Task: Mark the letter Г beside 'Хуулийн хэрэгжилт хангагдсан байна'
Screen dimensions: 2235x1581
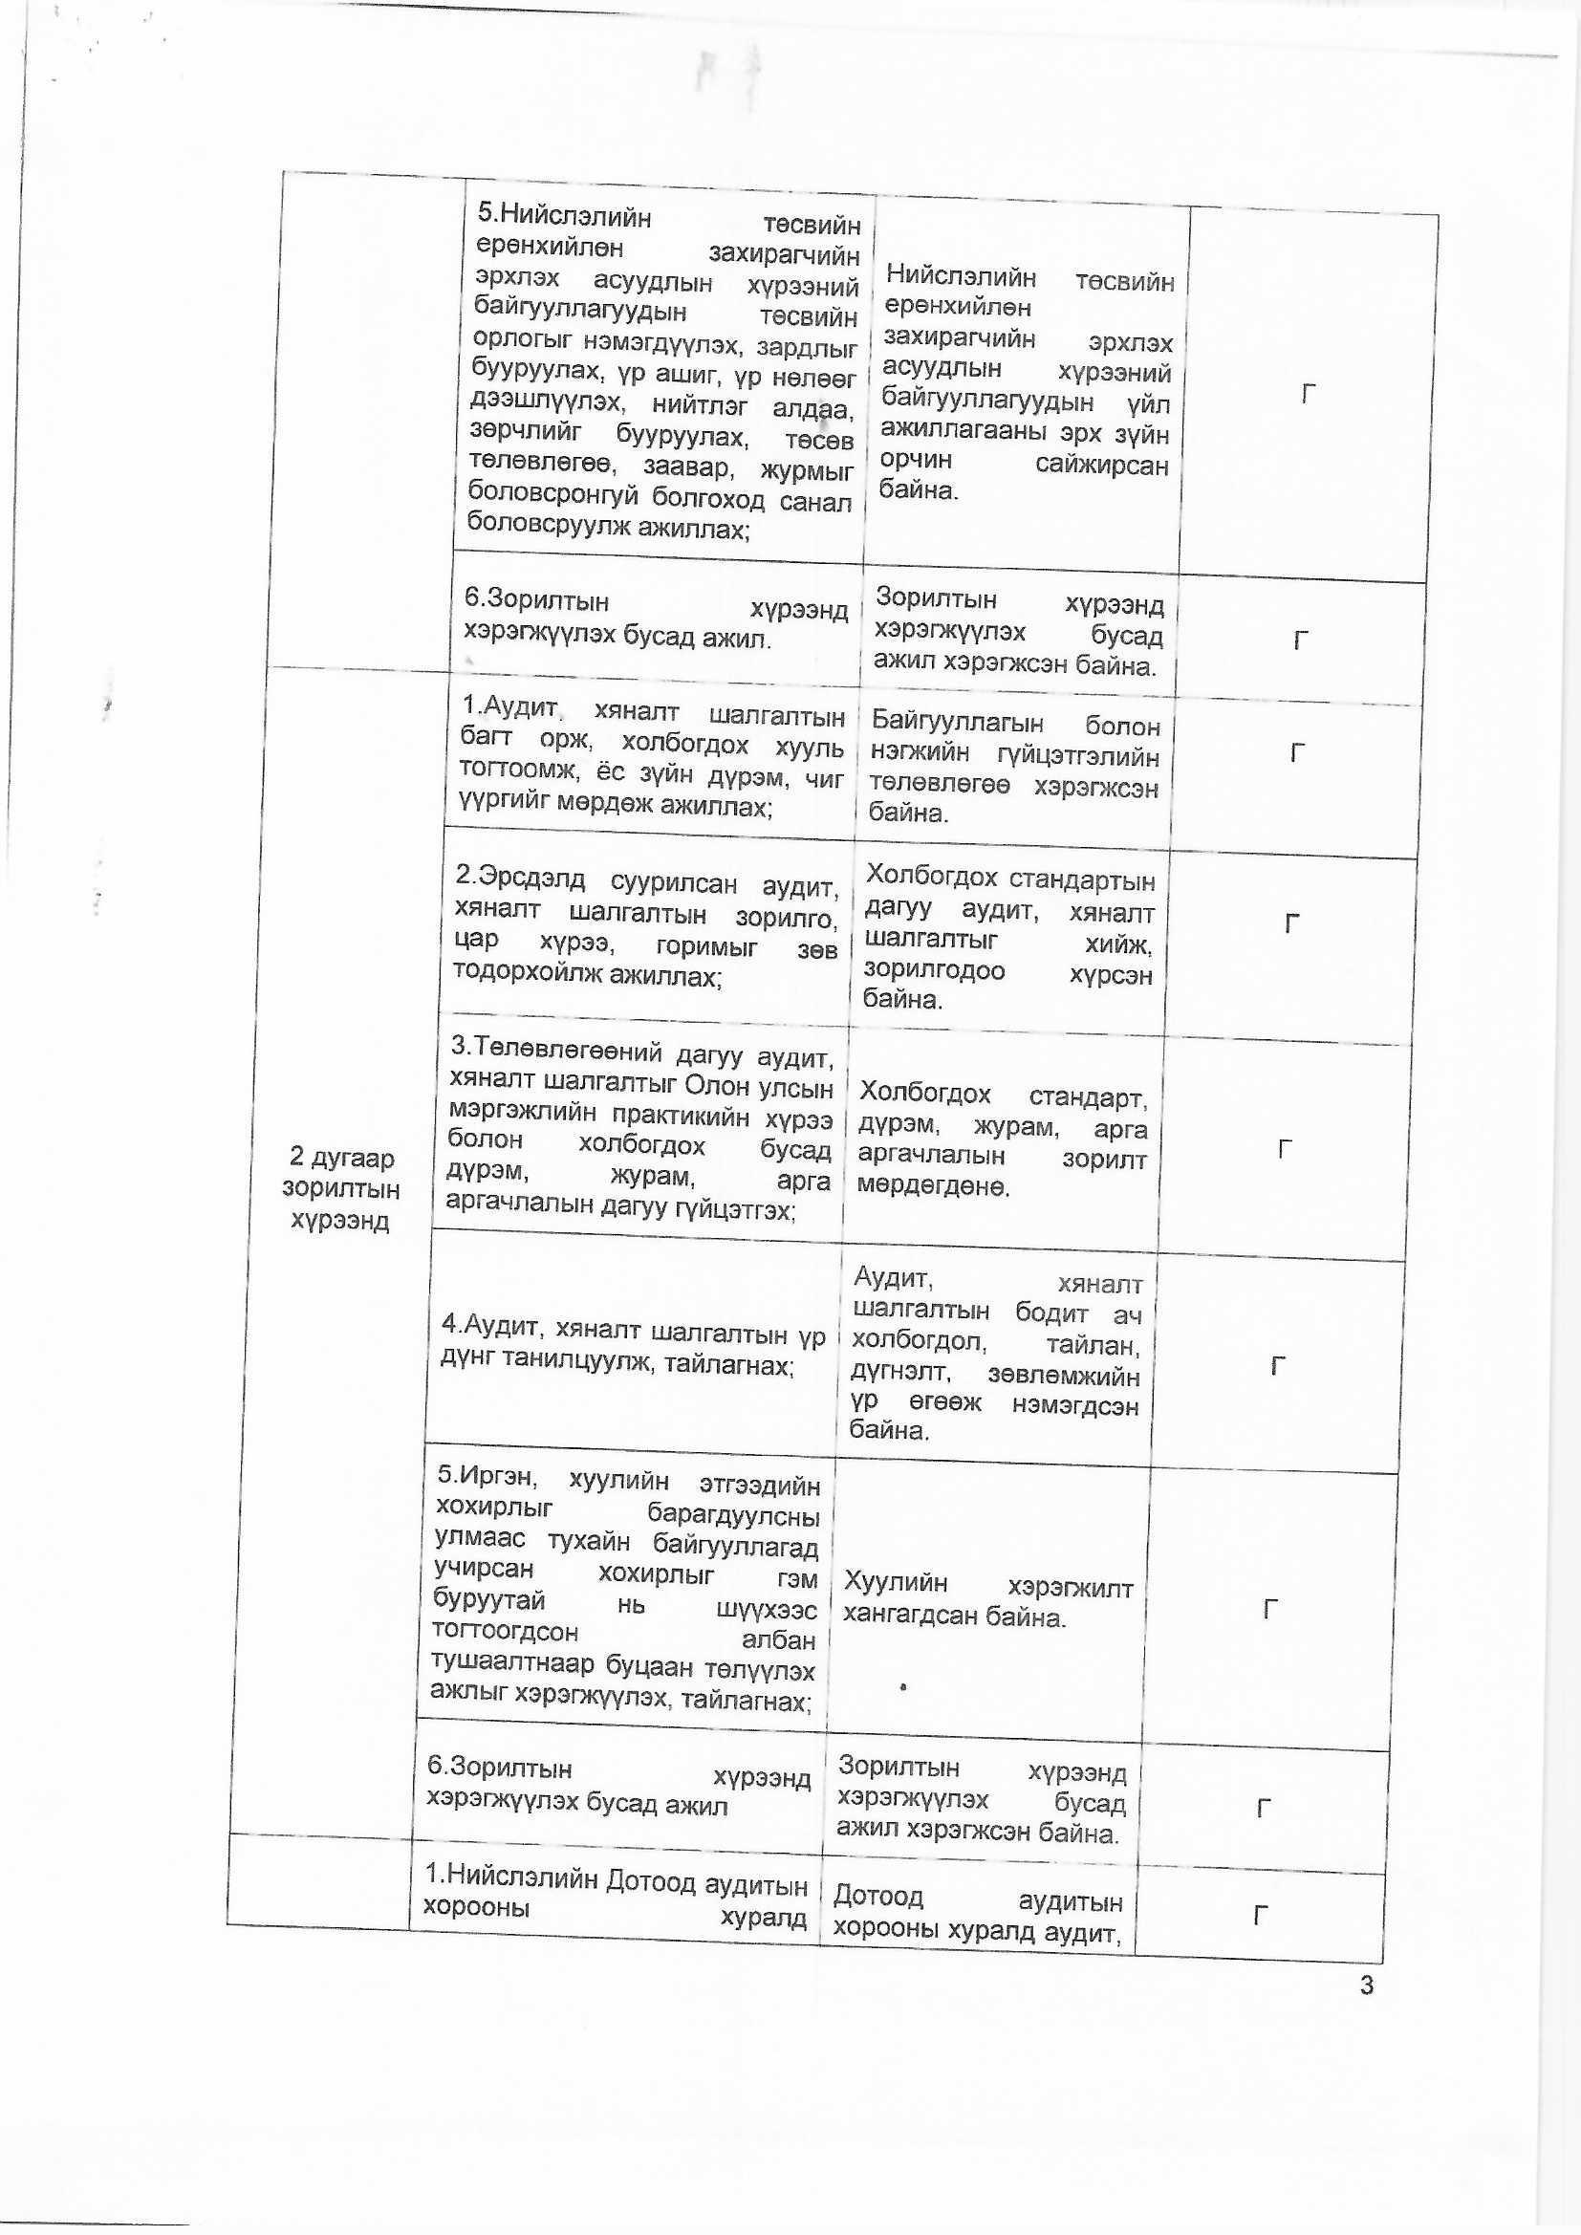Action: (x=1269, y=1609)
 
